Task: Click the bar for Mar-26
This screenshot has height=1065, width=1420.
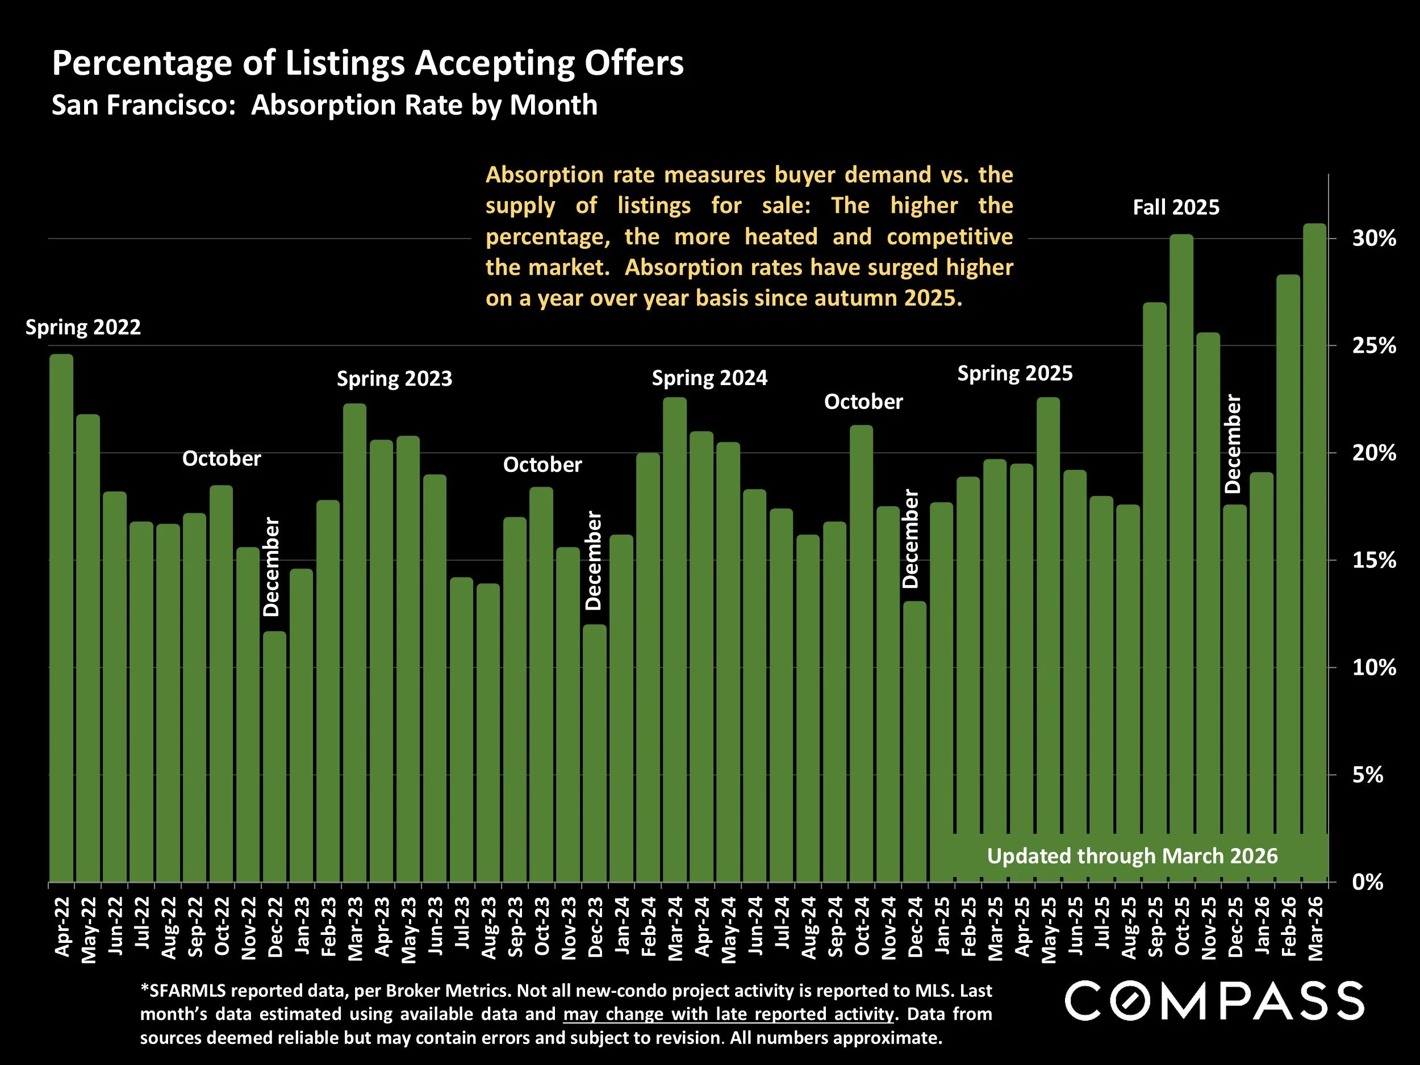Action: [x=1314, y=552]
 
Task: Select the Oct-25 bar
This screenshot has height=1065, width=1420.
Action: [x=1181, y=558]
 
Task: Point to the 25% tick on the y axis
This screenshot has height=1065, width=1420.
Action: [x=1374, y=346]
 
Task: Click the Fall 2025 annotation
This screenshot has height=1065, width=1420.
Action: [x=1175, y=207]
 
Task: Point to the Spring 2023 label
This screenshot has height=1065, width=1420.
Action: [x=394, y=379]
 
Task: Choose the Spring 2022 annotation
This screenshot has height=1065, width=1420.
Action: [x=83, y=327]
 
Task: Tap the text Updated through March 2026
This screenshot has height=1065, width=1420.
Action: [x=1132, y=857]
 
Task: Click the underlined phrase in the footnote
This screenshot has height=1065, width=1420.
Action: [x=728, y=1014]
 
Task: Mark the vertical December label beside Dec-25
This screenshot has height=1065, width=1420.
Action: [x=1233, y=444]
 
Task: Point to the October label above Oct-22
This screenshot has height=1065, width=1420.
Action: [x=222, y=458]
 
